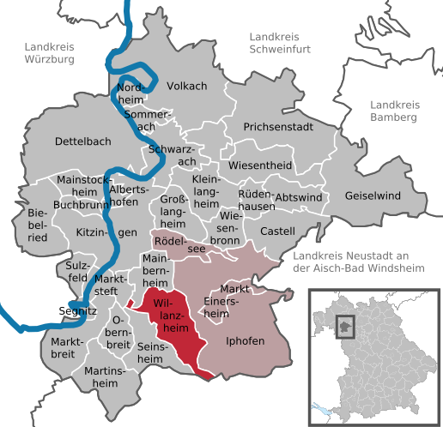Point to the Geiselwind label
[x=373, y=196]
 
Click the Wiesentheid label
[x=260, y=165]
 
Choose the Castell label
[x=277, y=231]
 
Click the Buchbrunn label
[x=80, y=205]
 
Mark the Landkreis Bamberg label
[x=394, y=110]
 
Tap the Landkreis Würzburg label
[x=50, y=53]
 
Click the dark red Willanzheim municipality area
[x=176, y=330]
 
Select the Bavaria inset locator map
[x=373, y=352]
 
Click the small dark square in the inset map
[x=346, y=325]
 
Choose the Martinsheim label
[x=106, y=377]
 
